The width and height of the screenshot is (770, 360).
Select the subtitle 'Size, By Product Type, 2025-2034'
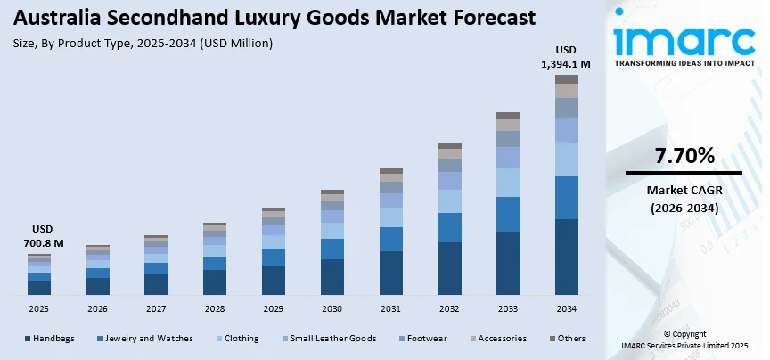[143, 43]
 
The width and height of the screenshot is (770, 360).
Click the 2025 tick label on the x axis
[38, 308]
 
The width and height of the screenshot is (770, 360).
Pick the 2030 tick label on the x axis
[332, 308]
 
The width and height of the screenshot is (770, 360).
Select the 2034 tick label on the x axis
[567, 308]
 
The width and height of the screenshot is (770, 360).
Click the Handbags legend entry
[53, 339]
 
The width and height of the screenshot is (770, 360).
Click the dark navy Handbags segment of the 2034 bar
[567, 257]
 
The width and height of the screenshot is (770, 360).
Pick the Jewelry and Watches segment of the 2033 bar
[508, 214]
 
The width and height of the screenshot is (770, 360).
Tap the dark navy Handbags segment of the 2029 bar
[273, 280]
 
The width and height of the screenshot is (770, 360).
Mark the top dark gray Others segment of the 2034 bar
[567, 79]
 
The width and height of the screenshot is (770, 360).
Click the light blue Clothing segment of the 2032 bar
[449, 201]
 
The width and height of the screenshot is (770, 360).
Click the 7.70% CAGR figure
[684, 157]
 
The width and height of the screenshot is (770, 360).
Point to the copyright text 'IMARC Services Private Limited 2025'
[684, 345]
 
